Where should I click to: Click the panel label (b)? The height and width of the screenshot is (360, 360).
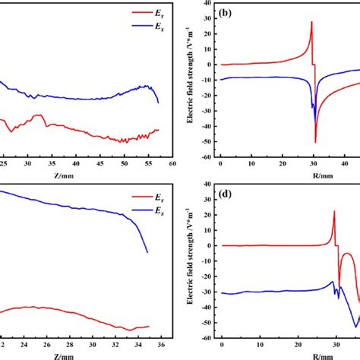(231, 14)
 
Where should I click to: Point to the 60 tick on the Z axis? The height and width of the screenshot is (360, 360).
(172, 163)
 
